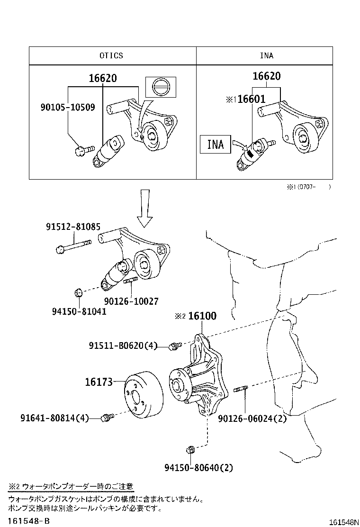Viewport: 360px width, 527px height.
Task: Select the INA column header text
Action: pos(266,55)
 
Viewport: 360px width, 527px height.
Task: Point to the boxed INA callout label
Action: pos(216,144)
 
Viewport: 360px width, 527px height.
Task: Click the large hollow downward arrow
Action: pos(145,208)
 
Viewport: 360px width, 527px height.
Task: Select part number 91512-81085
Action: pos(73,227)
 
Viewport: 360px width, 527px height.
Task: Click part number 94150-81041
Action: pos(79,311)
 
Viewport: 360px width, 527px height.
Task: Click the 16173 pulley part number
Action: pos(99,382)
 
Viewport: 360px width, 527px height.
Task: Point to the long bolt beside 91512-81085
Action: pos(74,246)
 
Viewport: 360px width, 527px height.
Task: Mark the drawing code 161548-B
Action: pos(28,521)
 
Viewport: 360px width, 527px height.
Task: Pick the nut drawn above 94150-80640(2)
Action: pos(192,449)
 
